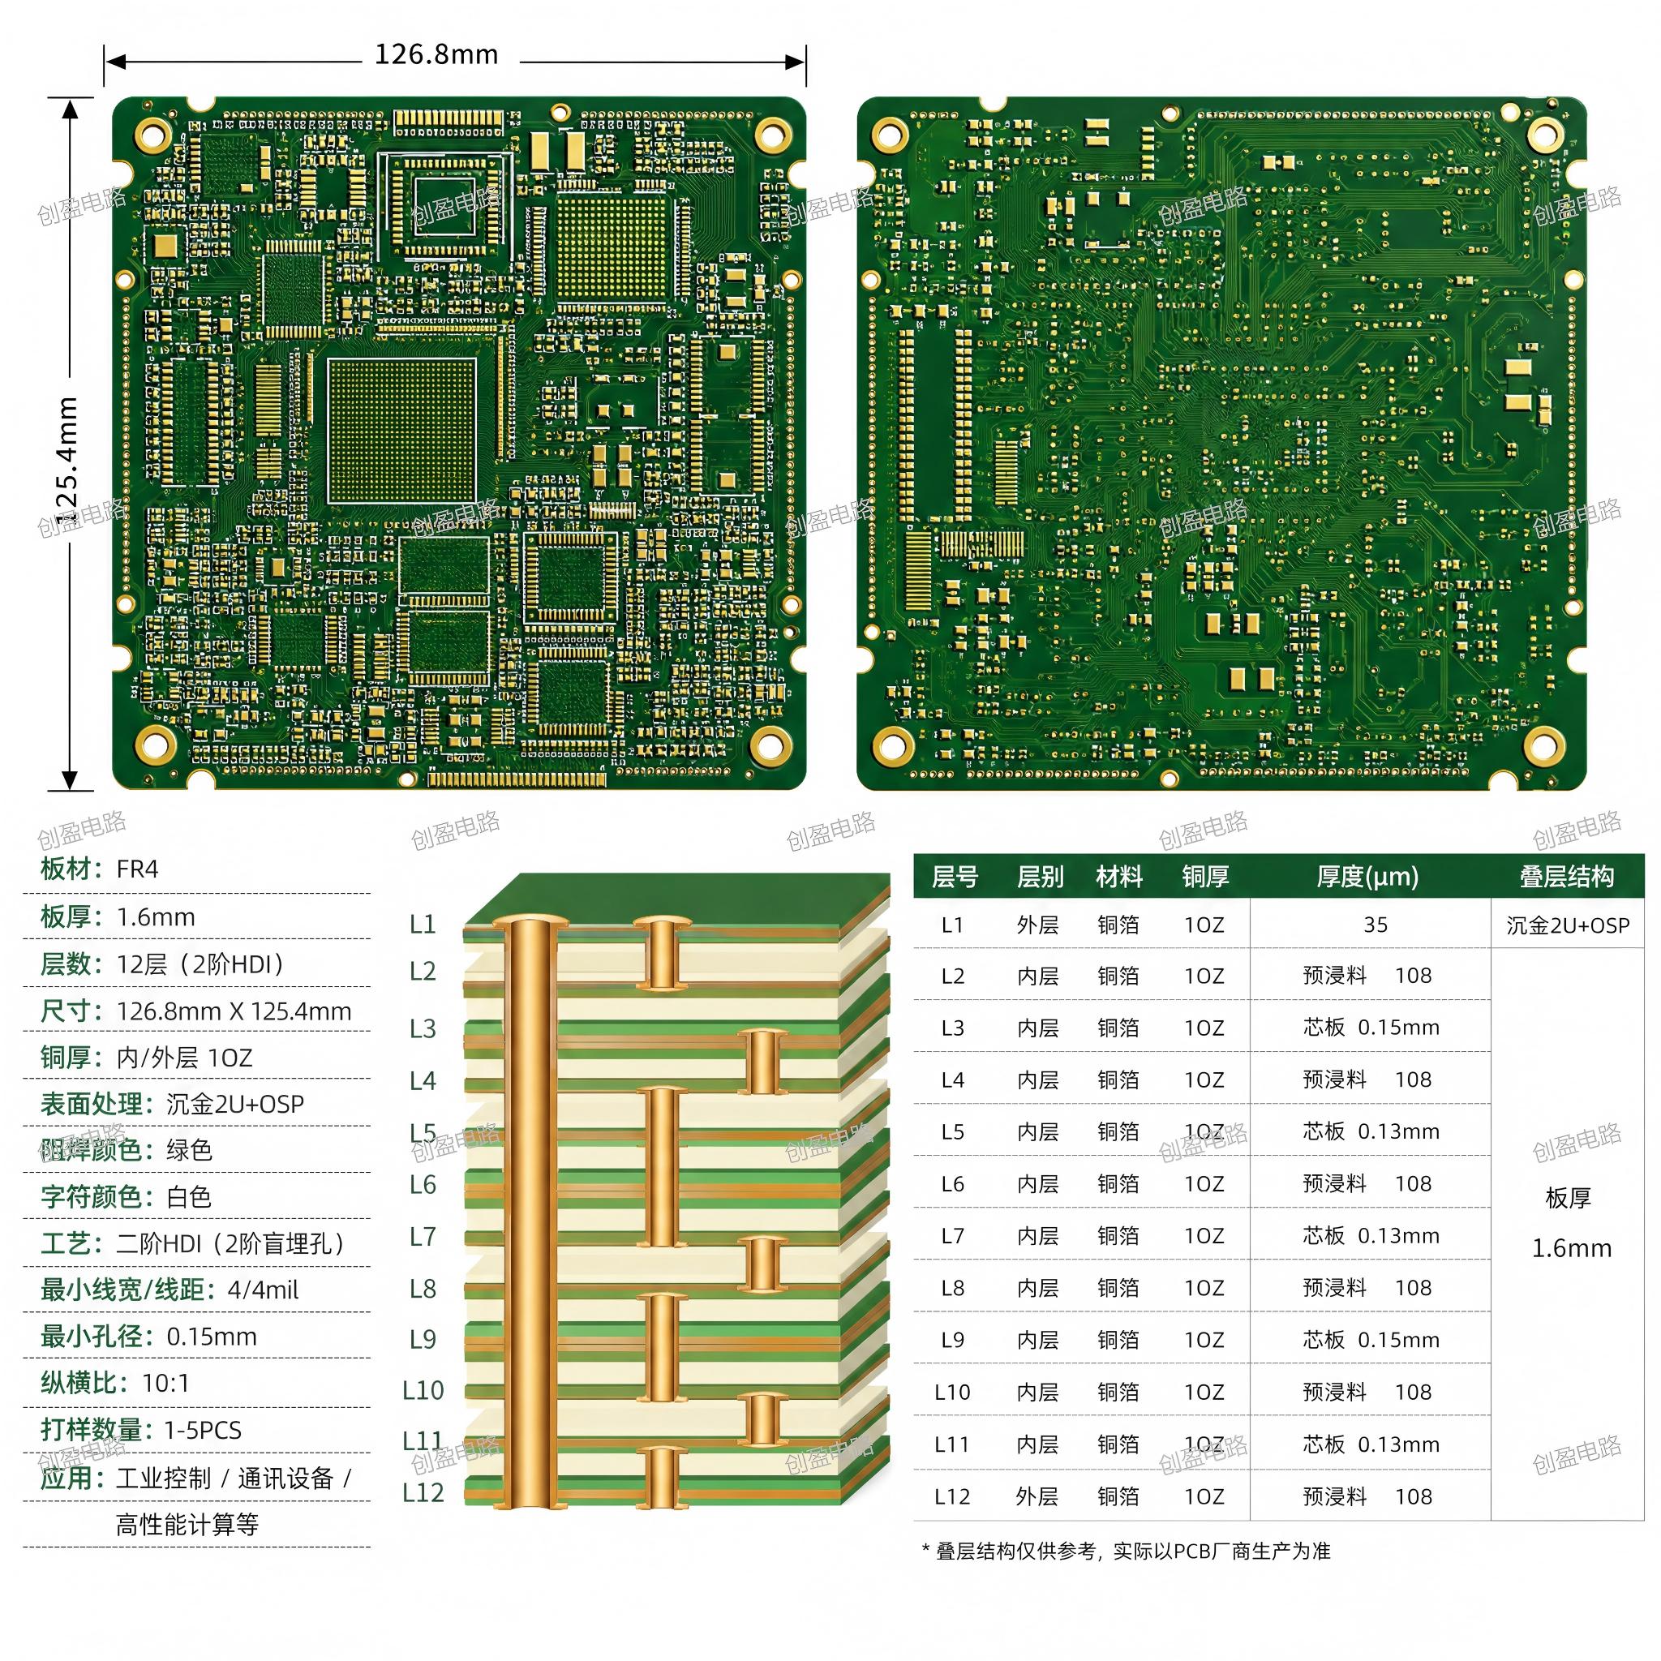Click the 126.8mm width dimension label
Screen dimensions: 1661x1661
tap(436, 55)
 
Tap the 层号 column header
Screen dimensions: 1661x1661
tap(955, 877)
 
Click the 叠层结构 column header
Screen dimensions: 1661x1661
tap(1567, 877)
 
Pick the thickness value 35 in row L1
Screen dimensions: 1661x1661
tap(1376, 925)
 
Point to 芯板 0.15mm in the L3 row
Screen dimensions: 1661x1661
tap(1371, 1028)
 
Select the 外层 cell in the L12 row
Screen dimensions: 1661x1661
tap(1037, 1497)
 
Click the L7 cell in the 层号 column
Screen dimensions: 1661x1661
tap(953, 1236)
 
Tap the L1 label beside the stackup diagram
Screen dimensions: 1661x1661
tap(422, 925)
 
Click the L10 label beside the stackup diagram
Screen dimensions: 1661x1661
tap(423, 1390)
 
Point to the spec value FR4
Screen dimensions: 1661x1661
tap(138, 869)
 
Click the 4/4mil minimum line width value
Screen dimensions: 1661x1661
tap(263, 1290)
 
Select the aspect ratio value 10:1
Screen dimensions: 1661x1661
tap(165, 1384)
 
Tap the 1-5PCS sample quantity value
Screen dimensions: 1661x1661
tap(203, 1431)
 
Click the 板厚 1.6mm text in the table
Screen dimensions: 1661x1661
tap(1570, 1223)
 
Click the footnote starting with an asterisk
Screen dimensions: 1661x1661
tap(1126, 1551)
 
